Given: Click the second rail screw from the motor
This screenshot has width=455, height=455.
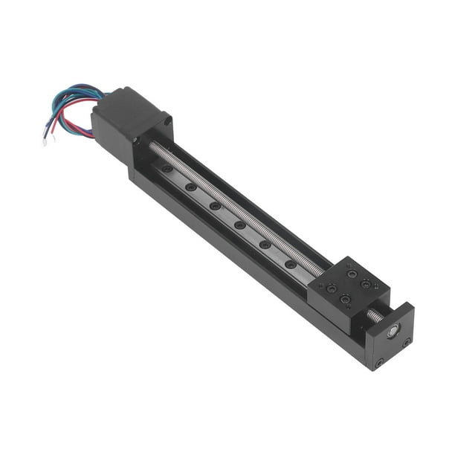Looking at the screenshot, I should pyautogui.click(x=191, y=187).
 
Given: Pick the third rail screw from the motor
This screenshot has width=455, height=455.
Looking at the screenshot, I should pyautogui.click(x=215, y=205).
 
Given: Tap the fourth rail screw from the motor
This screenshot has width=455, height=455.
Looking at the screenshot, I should pyautogui.click(x=239, y=224).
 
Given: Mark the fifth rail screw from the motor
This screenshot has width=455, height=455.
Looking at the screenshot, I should pyautogui.click(x=265, y=244).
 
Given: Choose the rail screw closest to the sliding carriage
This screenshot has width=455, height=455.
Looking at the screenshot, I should pyautogui.click(x=290, y=263).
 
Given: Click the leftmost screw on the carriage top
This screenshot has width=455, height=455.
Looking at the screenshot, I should pyautogui.click(x=332, y=288).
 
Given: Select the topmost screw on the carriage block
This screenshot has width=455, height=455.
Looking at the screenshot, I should pyautogui.click(x=352, y=274).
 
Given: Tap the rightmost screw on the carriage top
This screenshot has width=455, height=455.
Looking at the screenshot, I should pyautogui.click(x=366, y=284).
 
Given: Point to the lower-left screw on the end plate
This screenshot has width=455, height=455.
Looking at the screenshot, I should pyautogui.click(x=379, y=363).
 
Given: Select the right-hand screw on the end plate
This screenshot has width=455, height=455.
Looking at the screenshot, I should pyautogui.click(x=407, y=342).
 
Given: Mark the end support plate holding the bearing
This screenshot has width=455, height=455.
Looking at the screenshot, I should pyautogui.click(x=390, y=338).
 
